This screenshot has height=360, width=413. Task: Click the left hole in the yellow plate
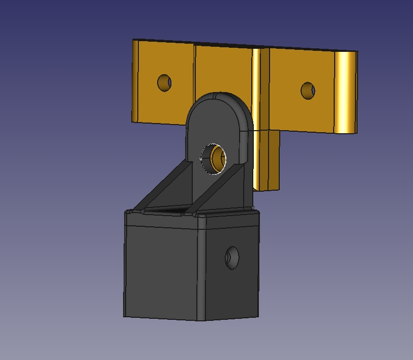(164, 83)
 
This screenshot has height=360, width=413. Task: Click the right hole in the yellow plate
(308, 91)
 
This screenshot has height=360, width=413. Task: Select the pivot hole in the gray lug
(214, 158)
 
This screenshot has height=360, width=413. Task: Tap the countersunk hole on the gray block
(232, 258)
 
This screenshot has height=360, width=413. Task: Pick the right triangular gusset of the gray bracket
(224, 188)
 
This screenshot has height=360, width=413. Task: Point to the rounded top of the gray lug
(219, 98)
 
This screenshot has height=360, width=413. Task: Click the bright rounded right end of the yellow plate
(345, 92)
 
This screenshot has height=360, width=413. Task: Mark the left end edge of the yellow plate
(135, 81)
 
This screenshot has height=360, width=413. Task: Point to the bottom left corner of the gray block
(125, 316)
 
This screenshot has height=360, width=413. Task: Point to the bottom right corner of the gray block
(258, 316)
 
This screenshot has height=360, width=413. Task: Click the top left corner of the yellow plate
(134, 40)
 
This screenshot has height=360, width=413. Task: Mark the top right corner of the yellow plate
(357, 52)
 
